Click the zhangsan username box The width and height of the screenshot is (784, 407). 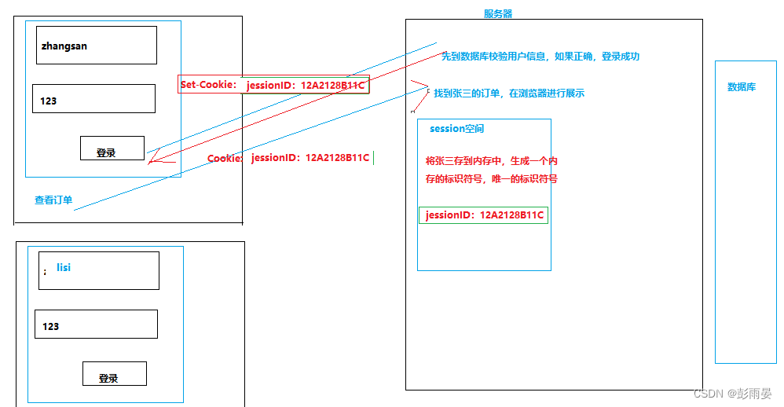(x=97, y=46)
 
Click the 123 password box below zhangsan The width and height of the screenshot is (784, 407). (x=93, y=99)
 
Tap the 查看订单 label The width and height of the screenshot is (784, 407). (x=53, y=200)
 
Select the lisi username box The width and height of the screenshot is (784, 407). (x=98, y=270)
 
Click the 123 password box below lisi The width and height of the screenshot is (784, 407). (x=96, y=324)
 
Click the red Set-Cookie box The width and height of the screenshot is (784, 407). (x=273, y=85)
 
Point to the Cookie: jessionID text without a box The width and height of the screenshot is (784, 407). (x=288, y=158)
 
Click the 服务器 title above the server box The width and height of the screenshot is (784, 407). (x=498, y=13)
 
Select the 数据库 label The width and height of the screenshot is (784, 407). (x=742, y=87)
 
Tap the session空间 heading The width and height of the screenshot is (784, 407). (x=456, y=129)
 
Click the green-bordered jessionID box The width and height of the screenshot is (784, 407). (x=483, y=215)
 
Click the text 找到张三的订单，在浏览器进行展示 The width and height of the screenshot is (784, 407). (x=509, y=93)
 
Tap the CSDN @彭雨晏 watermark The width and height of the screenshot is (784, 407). (x=733, y=393)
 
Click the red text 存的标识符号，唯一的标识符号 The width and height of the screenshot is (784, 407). (x=491, y=179)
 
